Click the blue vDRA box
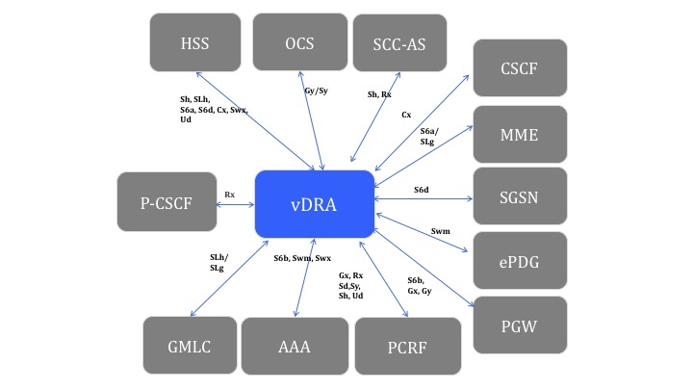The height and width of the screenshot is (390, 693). click(314, 203)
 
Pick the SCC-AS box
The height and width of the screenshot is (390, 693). click(399, 42)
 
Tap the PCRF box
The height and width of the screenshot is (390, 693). click(408, 346)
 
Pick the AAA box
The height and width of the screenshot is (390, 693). click(293, 346)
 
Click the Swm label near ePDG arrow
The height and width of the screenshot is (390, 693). click(440, 231)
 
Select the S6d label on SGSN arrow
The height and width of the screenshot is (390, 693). click(422, 190)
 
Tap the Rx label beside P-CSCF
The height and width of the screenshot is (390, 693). click(229, 195)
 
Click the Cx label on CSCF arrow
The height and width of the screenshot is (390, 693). click(406, 115)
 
